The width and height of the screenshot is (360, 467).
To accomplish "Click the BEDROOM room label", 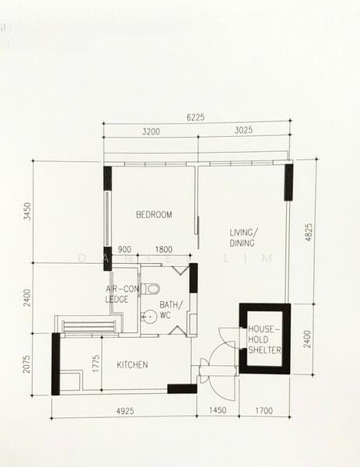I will tap(154, 215).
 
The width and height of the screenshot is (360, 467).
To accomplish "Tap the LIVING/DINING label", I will tap(247, 238).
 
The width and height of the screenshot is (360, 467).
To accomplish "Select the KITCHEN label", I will tap(132, 364).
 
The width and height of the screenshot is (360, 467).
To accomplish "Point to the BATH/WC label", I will tap(170, 309).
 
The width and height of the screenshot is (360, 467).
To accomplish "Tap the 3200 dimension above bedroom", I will tap(151, 132).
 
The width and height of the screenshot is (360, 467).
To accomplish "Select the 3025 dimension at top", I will tap(242, 132).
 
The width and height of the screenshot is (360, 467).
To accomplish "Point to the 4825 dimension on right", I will tap(309, 233).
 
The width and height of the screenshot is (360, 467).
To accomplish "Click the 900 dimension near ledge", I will tap(124, 250).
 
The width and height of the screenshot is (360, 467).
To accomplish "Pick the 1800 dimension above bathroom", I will tap(164, 250).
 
